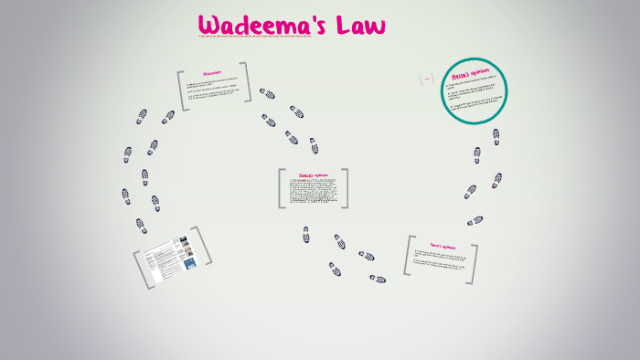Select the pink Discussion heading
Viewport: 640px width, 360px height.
point(212,72)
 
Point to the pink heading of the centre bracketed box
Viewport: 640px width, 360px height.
point(313,175)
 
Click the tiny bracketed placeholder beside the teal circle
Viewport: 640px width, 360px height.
point(426,79)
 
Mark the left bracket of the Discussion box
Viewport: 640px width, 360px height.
point(182,90)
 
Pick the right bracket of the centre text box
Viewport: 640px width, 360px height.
point(345,188)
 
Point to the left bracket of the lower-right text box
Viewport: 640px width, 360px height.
point(407,256)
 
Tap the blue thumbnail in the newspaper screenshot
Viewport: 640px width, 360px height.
point(189,262)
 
